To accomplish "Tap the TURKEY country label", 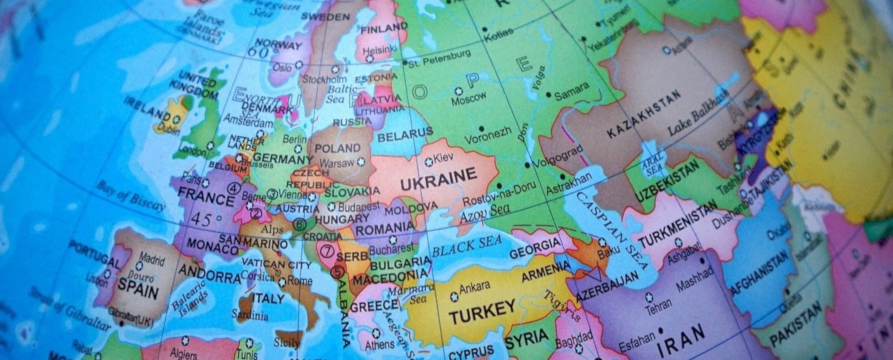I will click(481, 312).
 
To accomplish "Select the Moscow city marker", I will click(459, 91).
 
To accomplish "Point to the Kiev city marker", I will click(429, 162).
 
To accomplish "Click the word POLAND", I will click(338, 148).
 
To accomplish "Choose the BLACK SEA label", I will click(467, 246).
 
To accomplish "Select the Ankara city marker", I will click(454, 296).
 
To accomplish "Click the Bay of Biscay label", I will click(131, 195).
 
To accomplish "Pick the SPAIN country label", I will click(138, 288).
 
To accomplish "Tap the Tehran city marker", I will click(649, 297).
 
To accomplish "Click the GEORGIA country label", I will click(535, 248).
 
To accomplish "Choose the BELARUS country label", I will click(405, 135).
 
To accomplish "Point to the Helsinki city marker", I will click(370, 59).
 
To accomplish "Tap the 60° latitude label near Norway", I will click(258, 52).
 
